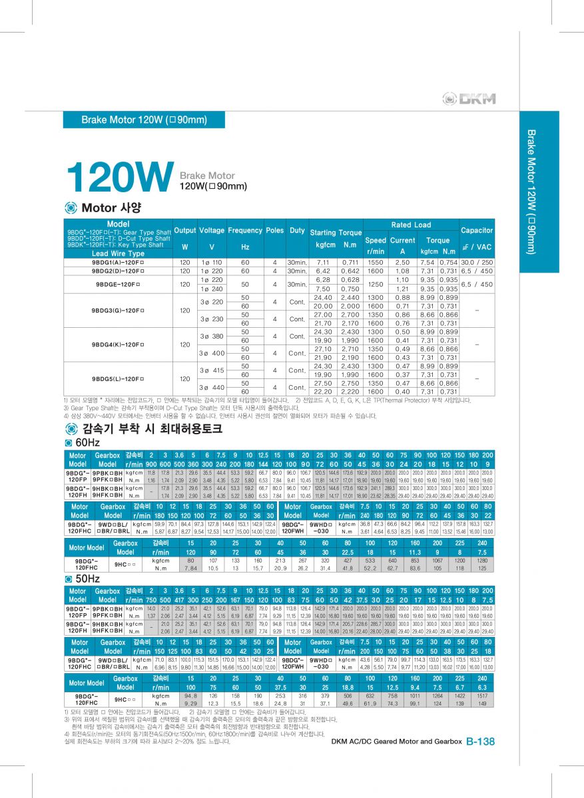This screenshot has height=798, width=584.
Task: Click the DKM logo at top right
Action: click(469, 99)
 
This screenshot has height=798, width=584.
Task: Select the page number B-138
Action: click(480, 741)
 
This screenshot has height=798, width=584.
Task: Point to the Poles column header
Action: click(274, 230)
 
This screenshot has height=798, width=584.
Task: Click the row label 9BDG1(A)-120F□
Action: click(118, 263)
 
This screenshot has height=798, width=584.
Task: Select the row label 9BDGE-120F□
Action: click(118, 284)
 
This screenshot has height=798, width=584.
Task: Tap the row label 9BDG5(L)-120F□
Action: click(118, 378)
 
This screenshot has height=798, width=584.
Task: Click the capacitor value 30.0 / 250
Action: click(477, 263)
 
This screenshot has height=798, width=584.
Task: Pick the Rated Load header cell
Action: click(411, 225)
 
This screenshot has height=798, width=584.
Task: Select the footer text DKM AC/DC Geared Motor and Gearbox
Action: click(396, 741)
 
